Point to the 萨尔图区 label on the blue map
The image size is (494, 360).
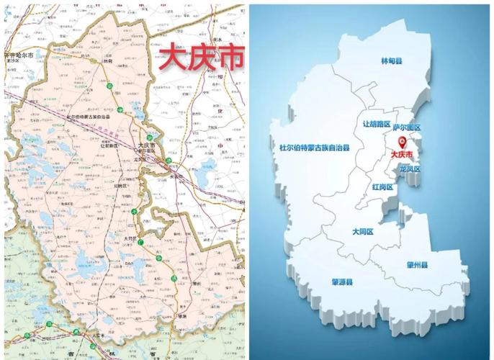tap(406, 128)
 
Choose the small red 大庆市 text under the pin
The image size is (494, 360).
tap(401, 154)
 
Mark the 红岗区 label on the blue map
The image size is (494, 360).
tap(382, 186)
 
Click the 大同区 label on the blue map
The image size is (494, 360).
tap(362, 232)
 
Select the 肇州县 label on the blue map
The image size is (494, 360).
tap(416, 265)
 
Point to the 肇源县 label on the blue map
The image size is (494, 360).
tap(341, 282)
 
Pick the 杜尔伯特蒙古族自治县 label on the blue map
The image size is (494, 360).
tap(314, 148)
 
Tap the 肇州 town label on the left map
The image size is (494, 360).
tap(175, 284)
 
